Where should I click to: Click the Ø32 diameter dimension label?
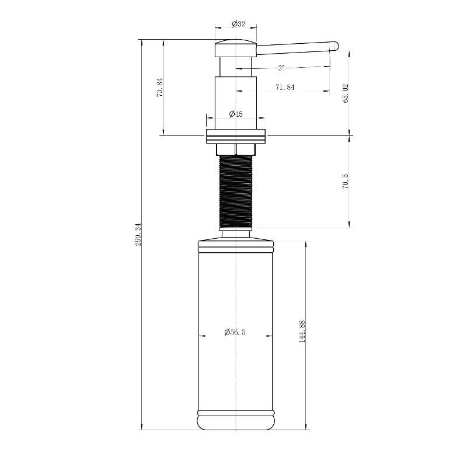click(239, 24)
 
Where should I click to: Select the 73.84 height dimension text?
click(160, 87)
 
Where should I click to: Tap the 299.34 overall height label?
click(138, 234)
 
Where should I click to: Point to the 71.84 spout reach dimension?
click(285, 87)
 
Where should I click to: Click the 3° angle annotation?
click(281, 68)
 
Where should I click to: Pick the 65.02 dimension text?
click(346, 93)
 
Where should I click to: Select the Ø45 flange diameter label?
click(236, 114)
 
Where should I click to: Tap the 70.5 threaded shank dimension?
click(346, 182)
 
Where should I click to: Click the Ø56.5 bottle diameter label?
click(235, 332)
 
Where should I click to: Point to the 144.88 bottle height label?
click(302, 331)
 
